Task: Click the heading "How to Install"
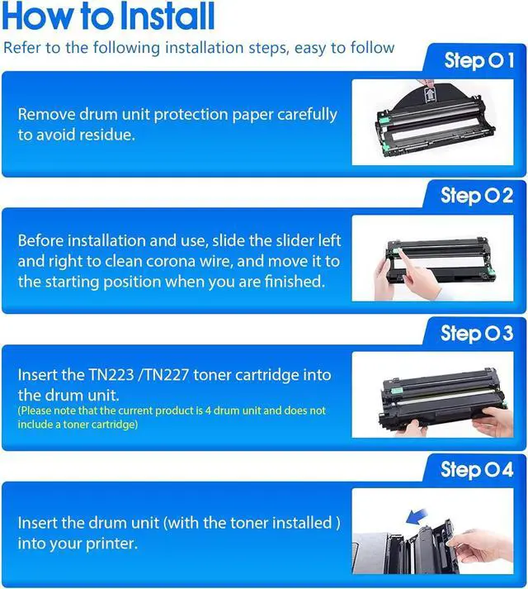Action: [108, 16]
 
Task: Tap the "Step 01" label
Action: [478, 60]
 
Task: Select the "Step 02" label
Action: [477, 196]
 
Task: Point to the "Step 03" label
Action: [477, 333]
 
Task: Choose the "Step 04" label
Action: [477, 469]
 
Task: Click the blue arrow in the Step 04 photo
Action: [417, 516]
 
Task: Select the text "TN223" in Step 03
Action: [111, 375]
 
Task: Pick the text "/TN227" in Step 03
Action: [163, 375]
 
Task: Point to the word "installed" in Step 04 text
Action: [302, 523]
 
